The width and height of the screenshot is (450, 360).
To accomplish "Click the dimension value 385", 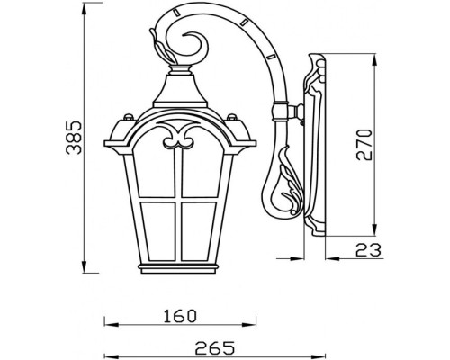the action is click(x=74, y=138).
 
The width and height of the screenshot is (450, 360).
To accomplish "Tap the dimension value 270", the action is click(x=364, y=145).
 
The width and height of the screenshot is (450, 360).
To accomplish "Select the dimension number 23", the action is click(x=368, y=250).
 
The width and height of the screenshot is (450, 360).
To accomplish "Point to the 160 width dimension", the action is click(x=180, y=316).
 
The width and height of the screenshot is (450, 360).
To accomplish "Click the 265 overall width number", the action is click(x=214, y=348).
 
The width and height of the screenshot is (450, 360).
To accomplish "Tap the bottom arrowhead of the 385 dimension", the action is click(x=85, y=266).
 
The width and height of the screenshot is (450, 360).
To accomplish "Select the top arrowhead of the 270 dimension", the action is click(x=374, y=60).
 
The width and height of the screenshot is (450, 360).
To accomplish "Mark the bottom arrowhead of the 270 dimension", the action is click(x=374, y=229).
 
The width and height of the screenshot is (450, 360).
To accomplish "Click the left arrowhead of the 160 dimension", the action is click(x=112, y=325).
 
